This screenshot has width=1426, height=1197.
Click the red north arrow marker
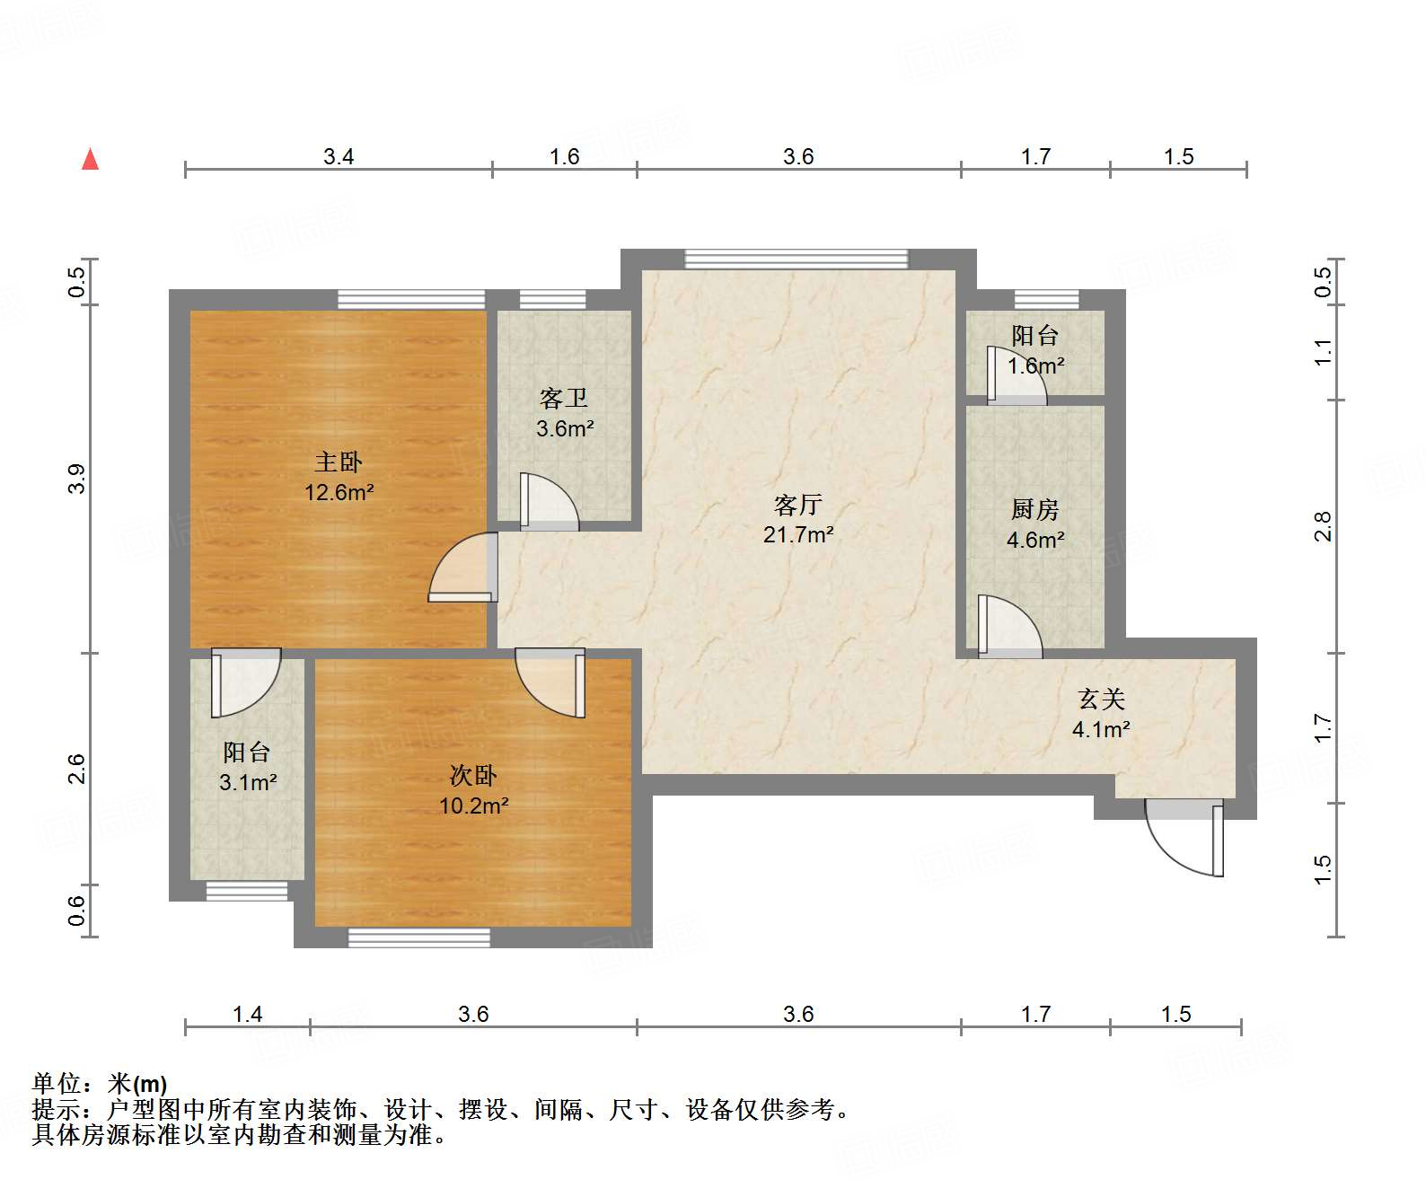90,159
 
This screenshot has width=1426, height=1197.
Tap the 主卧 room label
339,462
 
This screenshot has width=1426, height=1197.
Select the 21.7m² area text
798,535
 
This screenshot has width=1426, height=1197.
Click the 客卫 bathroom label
564,398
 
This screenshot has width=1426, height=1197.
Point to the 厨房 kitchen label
1034,510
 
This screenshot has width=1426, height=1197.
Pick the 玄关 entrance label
1101,699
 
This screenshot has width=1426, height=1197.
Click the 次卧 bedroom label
473,776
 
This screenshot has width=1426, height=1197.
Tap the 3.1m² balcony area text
248,783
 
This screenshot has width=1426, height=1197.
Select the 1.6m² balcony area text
1035,366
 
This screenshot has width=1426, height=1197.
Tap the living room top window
796,260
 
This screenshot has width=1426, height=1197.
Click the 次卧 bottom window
419,937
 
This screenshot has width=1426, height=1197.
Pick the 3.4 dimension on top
339,157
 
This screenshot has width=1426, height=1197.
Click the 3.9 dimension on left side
77,478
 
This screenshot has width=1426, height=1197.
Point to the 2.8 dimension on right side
1323,526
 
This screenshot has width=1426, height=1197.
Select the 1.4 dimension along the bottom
247,1015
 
